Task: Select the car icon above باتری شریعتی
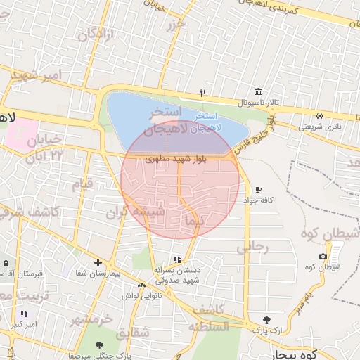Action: click(320, 115)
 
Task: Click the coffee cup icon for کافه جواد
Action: click(258, 190)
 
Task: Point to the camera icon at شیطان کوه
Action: click(323, 256)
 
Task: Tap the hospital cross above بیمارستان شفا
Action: click(98, 262)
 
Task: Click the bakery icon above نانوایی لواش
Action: click(142, 285)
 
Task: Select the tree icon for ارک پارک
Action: click(266, 319)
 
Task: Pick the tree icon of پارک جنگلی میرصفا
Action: click(98, 345)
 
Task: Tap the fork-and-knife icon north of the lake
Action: click(202, 92)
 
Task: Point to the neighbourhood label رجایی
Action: click(252, 247)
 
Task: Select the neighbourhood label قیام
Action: click(83, 184)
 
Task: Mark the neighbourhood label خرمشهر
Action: click(91, 319)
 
